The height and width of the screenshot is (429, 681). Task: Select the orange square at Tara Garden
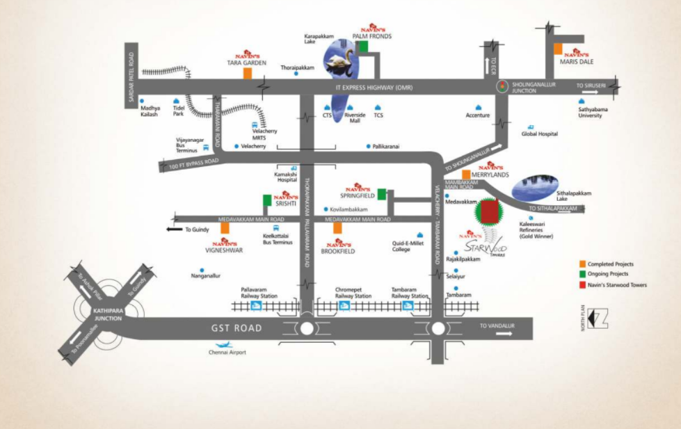(x=247, y=73)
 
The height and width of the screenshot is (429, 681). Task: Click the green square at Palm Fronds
(x=362, y=46)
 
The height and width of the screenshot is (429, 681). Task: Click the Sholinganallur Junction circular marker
(x=502, y=86)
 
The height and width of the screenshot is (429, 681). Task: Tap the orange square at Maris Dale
(x=558, y=49)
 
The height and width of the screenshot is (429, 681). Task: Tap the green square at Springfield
(x=382, y=193)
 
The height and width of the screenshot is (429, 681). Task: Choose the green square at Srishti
(x=267, y=200)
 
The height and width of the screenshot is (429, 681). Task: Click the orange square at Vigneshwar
(x=225, y=228)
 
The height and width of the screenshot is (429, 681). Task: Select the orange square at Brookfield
(x=337, y=228)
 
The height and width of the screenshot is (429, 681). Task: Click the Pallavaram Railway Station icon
(x=257, y=305)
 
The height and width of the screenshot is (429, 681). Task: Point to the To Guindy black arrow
(x=174, y=229)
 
